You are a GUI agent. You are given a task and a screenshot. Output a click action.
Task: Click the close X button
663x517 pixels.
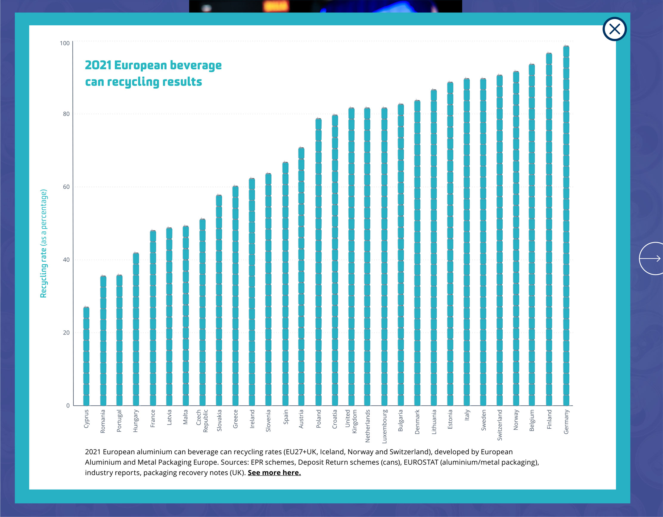[614, 29]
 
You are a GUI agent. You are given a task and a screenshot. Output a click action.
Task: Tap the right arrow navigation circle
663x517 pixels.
[651, 258]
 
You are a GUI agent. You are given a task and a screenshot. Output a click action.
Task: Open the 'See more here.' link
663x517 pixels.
[274, 472]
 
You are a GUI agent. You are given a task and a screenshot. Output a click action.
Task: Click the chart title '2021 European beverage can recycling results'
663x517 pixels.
[153, 74]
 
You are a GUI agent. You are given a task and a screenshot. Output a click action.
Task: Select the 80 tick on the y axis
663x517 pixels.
[66, 114]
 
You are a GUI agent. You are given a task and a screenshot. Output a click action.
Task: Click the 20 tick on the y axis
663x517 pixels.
[66, 333]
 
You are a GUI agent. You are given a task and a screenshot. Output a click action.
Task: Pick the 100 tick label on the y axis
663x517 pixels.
[65, 43]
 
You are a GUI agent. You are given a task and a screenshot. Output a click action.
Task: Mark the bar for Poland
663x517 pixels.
[319, 262]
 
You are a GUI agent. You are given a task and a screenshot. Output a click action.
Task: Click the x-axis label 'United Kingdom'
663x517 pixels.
[351, 421]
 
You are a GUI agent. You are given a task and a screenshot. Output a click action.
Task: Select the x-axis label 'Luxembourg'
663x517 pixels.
[384, 426]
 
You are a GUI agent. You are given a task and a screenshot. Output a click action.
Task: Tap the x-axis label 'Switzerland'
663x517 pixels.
[500, 425]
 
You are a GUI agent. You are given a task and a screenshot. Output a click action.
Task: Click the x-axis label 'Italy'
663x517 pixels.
[467, 415]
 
